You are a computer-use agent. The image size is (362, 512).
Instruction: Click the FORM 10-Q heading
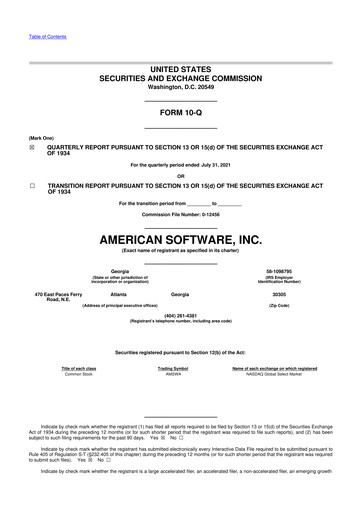coord(180,112)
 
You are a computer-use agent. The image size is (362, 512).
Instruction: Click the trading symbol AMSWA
coord(180,373)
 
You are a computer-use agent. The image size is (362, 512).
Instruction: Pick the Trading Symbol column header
coord(180,367)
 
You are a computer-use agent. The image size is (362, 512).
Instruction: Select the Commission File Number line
coord(180,216)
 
